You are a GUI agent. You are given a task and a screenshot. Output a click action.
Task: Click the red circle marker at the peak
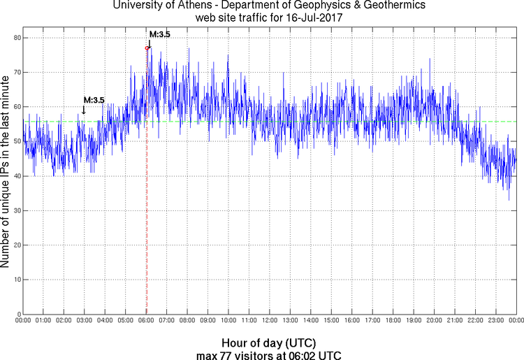[147, 48]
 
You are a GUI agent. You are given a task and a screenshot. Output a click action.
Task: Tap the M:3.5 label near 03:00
[94, 100]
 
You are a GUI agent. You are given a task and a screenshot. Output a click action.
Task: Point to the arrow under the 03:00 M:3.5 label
[84, 110]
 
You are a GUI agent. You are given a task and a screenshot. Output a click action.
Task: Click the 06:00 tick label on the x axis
[146, 320]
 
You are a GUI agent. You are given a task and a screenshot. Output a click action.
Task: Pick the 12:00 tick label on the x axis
[270, 320]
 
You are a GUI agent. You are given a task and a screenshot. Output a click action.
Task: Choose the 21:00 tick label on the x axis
[455, 320]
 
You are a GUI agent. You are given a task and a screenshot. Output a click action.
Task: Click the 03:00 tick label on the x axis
[85, 320]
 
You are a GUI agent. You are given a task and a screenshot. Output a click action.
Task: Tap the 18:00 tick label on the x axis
[393, 320]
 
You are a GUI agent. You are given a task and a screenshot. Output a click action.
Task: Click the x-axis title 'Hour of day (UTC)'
[268, 343]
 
